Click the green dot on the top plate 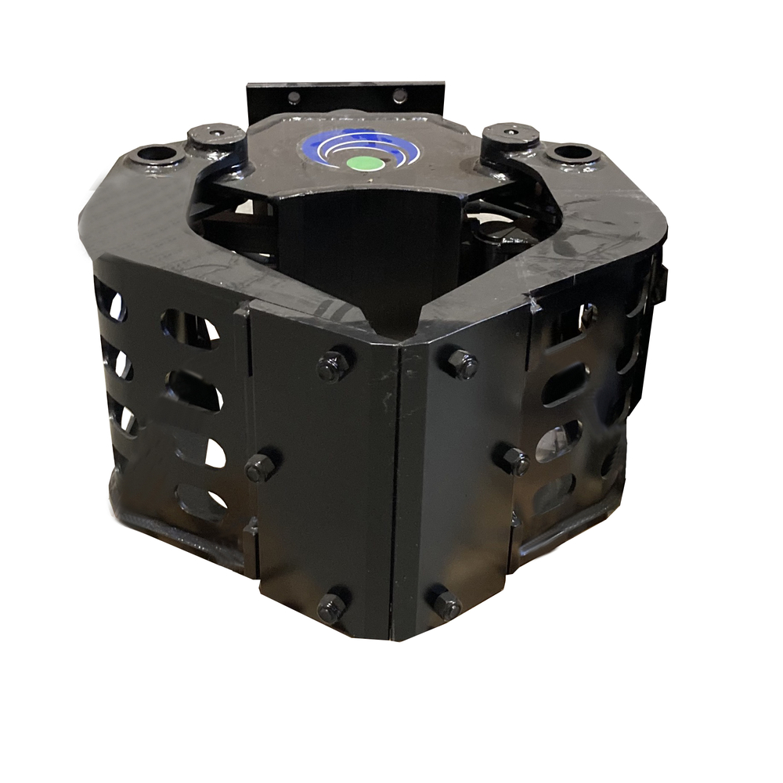(360, 162)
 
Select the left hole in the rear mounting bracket (294, 98)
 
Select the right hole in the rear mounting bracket (399, 96)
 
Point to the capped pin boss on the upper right (510, 132)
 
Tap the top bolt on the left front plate (333, 366)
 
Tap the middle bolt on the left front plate (261, 467)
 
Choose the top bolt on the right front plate (462, 364)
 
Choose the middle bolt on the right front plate (512, 460)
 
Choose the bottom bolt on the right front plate (446, 604)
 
